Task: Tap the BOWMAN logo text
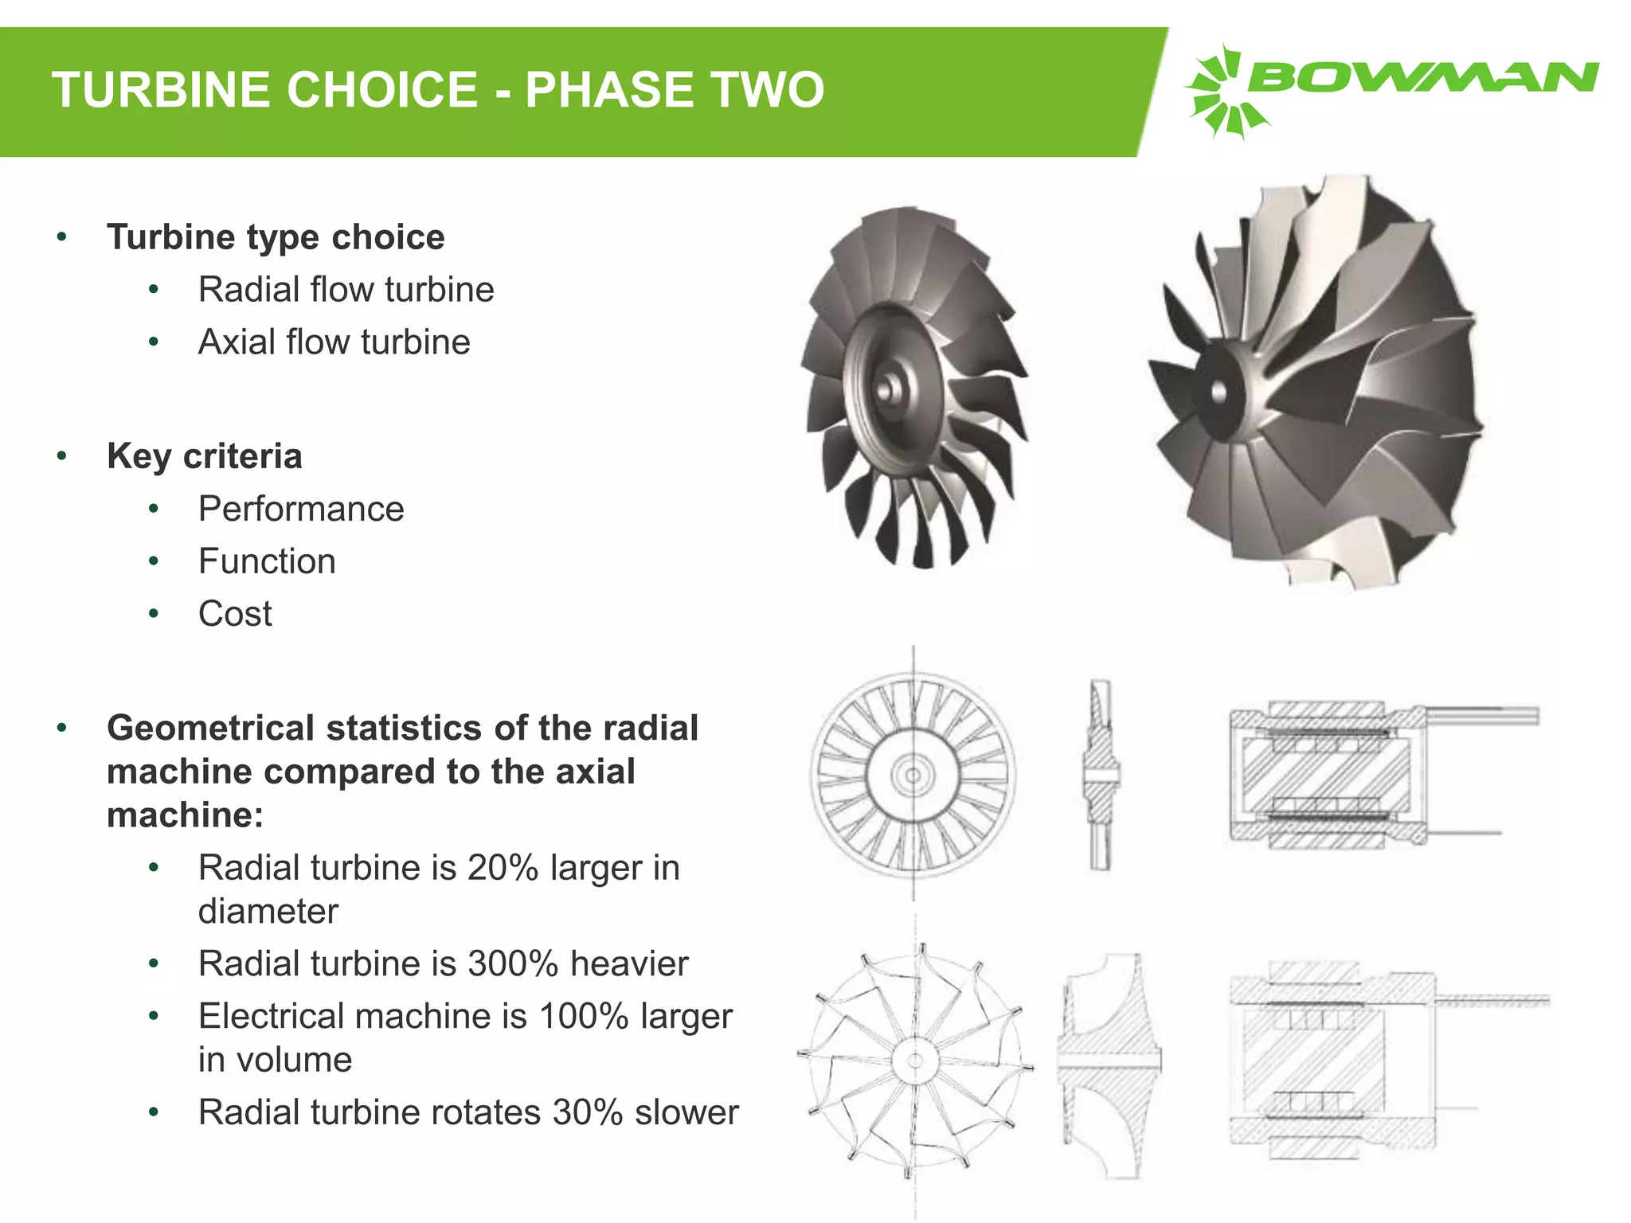tap(1422, 78)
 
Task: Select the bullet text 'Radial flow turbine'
tap(346, 290)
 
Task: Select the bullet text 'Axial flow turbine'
tap(334, 342)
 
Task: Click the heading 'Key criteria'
tap(204, 456)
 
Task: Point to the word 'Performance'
tap(301, 509)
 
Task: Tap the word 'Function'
tap(267, 561)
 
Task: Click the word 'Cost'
tap(235, 614)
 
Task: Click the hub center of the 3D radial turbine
tap(1218, 392)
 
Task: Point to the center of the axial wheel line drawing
tap(913, 775)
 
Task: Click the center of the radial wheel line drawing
tap(915, 1061)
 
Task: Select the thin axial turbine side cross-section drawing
tap(1101, 774)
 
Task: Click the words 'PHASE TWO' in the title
tap(675, 89)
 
